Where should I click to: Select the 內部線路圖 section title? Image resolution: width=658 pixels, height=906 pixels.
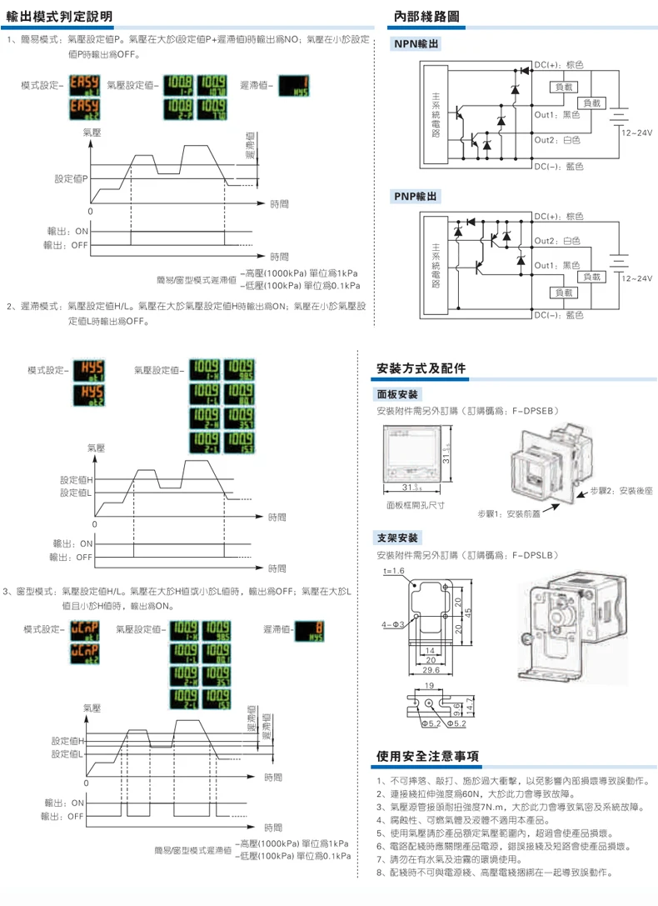coord(425,16)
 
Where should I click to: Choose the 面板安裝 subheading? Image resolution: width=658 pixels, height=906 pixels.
coord(400,394)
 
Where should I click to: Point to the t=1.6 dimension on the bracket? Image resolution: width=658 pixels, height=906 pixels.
coord(393,571)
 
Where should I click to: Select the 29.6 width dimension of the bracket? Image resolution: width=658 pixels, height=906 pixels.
coord(431,669)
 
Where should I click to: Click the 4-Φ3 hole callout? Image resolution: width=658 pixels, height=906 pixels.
coord(393,623)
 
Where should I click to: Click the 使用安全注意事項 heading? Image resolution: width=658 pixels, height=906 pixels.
coord(427,757)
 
